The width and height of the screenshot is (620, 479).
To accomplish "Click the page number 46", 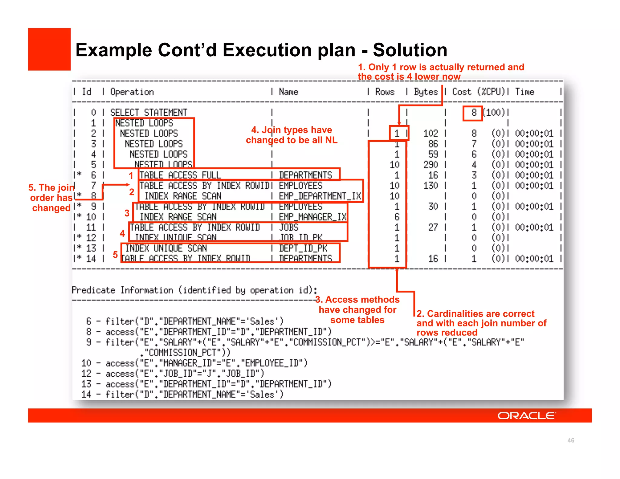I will [571, 440].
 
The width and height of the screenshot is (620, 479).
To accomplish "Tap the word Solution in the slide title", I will [410, 50].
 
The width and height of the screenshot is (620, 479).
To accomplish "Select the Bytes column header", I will [426, 92].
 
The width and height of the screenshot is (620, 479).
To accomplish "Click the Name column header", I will [289, 92].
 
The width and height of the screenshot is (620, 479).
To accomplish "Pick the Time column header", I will [525, 92].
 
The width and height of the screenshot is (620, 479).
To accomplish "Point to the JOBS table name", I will [289, 227].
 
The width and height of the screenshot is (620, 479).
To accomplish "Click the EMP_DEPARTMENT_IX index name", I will [320, 196].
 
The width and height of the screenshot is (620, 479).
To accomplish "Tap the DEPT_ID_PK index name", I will [303, 248].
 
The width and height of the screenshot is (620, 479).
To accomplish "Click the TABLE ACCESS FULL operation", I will [180, 175].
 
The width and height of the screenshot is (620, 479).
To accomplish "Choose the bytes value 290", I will [430, 165].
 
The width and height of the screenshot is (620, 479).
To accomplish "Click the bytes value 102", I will [430, 134].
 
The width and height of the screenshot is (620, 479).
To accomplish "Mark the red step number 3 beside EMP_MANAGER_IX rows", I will [127, 213].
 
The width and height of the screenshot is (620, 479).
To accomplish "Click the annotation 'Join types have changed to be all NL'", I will [292, 135].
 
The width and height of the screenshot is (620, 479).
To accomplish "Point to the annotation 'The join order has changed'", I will [51, 198].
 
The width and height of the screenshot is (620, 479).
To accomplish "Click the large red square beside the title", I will [49, 49].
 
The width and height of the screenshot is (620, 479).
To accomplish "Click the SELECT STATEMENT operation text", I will [149, 113].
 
